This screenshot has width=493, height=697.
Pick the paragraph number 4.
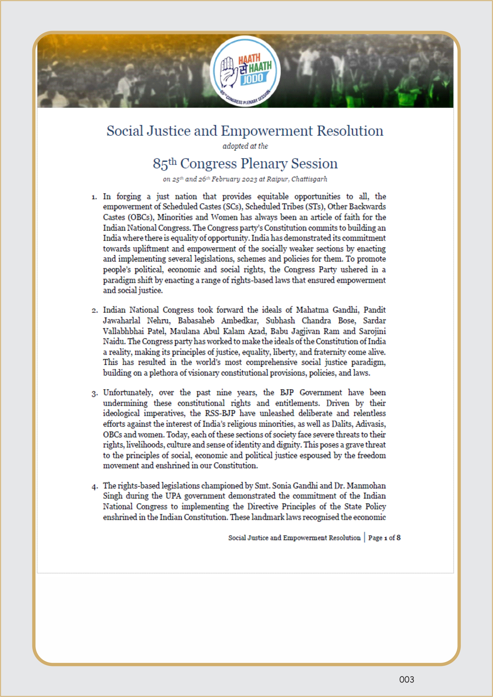pyautogui.click(x=94, y=487)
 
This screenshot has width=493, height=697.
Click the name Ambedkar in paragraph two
pyautogui.click(x=240, y=321)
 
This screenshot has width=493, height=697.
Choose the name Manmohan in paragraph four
pyautogui.click(x=366, y=486)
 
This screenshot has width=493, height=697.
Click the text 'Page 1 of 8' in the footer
pyautogui.click(x=384, y=538)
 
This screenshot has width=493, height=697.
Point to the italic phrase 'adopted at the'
pyautogui.click(x=245, y=146)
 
